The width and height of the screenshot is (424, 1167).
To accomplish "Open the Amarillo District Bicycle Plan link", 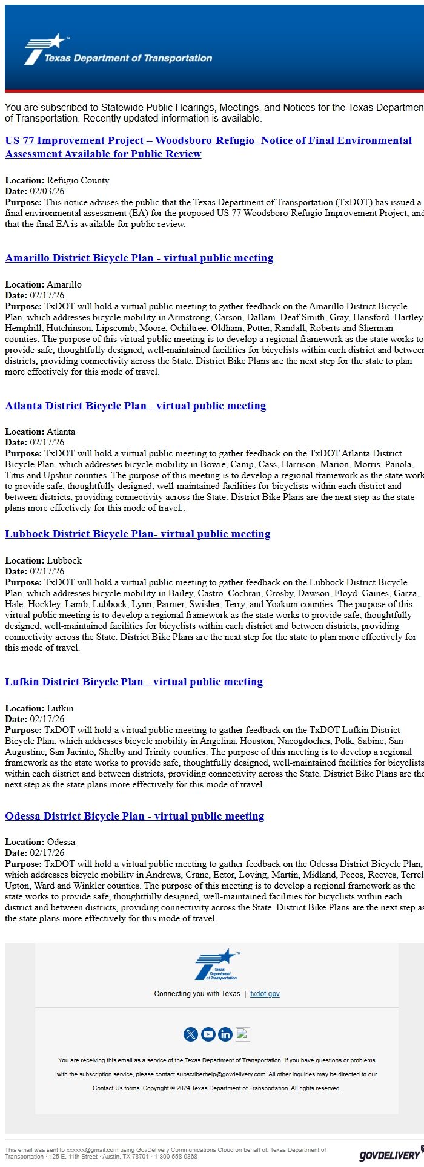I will pyautogui.click(x=139, y=258).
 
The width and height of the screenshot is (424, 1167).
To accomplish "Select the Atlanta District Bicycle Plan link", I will pyautogui.click(x=135, y=406).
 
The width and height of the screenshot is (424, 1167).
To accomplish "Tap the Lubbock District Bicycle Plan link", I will pyautogui.click(x=137, y=534).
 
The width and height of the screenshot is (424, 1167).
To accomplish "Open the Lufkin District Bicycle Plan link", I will pyautogui.click(x=134, y=682).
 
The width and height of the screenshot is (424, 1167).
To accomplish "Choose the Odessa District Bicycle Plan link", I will pyautogui.click(x=134, y=816).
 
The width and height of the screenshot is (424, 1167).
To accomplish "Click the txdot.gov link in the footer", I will pyautogui.click(x=265, y=994).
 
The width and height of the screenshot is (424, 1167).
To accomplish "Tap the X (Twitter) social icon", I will pyautogui.click(x=190, y=1034).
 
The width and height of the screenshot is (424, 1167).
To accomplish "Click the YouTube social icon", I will pyautogui.click(x=208, y=1034).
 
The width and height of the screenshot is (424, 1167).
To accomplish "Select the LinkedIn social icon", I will pyautogui.click(x=225, y=1034).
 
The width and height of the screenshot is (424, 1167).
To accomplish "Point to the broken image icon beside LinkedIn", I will pyautogui.click(x=243, y=1034).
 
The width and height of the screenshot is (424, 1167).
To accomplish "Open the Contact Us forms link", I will pyautogui.click(x=116, y=1088).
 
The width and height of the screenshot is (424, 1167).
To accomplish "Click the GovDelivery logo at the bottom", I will pyautogui.click(x=389, y=1155).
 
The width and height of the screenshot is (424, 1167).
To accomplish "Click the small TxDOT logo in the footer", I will pyautogui.click(x=216, y=964).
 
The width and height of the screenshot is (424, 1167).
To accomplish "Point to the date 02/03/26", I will pyautogui.click(x=47, y=191).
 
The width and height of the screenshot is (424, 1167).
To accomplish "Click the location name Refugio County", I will pyautogui.click(x=78, y=180).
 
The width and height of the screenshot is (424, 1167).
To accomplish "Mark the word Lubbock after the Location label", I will pyautogui.click(x=64, y=560).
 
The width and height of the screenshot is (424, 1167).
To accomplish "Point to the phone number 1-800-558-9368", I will pyautogui.click(x=176, y=1157).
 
